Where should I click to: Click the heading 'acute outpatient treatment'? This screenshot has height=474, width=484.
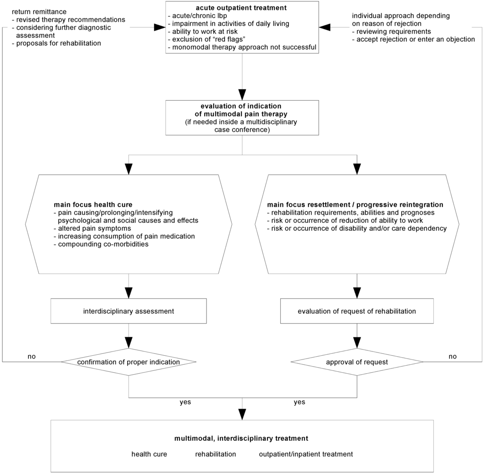[x=242, y=8]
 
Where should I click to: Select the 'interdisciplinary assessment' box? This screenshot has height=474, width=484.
[x=129, y=311]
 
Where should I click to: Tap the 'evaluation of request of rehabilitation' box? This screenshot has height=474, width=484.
[x=357, y=311]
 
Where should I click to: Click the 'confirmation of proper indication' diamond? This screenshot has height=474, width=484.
[x=129, y=362]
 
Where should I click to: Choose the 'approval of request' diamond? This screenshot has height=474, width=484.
[x=357, y=362]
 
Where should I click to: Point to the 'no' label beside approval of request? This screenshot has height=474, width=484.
[x=452, y=356]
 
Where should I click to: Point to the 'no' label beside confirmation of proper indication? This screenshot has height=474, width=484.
[x=32, y=356]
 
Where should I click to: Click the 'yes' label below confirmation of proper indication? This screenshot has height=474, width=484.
[x=185, y=402]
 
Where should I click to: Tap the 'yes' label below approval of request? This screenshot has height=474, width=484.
[x=299, y=402]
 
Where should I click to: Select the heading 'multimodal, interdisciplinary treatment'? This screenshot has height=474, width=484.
[x=242, y=438]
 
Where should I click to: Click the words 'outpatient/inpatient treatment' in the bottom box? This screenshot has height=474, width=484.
[x=306, y=454]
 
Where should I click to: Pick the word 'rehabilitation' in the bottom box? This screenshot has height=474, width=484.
[x=216, y=454]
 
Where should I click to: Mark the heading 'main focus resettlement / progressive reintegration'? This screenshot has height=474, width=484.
[x=355, y=205]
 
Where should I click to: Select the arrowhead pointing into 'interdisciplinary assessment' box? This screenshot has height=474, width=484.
[x=129, y=293]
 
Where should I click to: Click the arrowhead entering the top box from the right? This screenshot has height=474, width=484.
[x=324, y=27]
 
